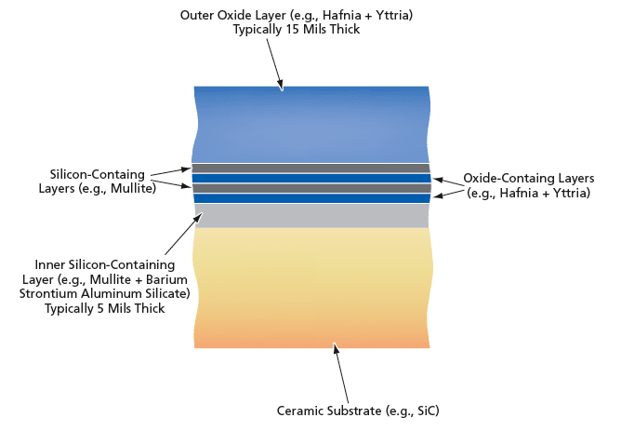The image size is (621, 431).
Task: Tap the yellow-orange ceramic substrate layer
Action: [311, 289]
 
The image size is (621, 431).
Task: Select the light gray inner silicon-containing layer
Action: [311, 216]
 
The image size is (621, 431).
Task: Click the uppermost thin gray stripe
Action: [311, 168]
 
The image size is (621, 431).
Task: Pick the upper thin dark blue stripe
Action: [311, 178]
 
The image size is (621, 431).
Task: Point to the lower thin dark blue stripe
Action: [311, 198]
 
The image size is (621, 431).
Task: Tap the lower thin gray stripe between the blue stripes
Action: [311, 188]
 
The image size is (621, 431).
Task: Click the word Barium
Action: [169, 279]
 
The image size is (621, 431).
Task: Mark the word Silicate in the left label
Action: [166, 294]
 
